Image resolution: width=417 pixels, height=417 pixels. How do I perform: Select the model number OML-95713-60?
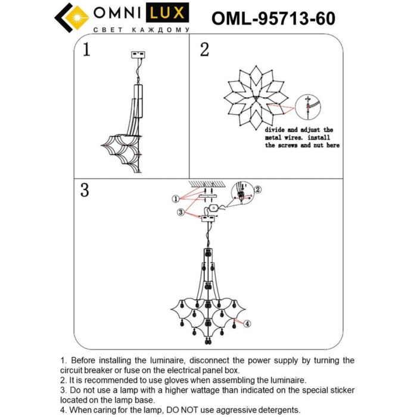pyautogui.click(x=273, y=19)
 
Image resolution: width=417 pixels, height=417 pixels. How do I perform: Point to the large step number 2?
pyautogui.click(x=204, y=49)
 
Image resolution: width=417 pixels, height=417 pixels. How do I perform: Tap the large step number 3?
pyautogui.click(x=85, y=190)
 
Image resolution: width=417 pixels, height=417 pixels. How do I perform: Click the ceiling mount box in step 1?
pyautogui.click(x=139, y=55)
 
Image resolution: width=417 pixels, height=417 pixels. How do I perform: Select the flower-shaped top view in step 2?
pyautogui.click(x=253, y=98)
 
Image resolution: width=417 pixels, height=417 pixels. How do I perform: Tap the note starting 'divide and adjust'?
pyautogui.click(x=299, y=137)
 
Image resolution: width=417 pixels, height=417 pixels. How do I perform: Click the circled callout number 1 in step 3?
pyautogui.click(x=175, y=198)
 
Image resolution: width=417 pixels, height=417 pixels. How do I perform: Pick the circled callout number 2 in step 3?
pyautogui.click(x=257, y=190)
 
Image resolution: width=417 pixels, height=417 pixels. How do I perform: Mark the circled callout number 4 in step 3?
pyautogui.click(x=248, y=324)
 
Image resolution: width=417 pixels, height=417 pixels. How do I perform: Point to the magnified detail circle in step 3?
pyautogui.click(x=242, y=194)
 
